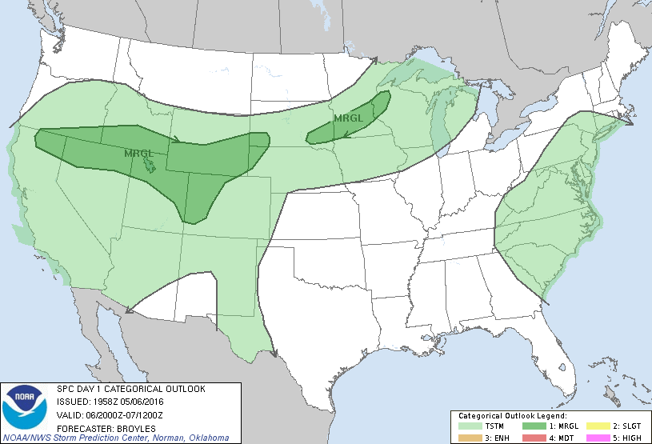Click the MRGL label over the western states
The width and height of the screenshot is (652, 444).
[x=138, y=152]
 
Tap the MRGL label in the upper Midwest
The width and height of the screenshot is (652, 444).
[x=348, y=118]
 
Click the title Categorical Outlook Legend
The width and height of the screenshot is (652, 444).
[x=513, y=416]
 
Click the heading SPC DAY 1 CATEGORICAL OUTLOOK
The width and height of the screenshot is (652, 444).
[x=131, y=389]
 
